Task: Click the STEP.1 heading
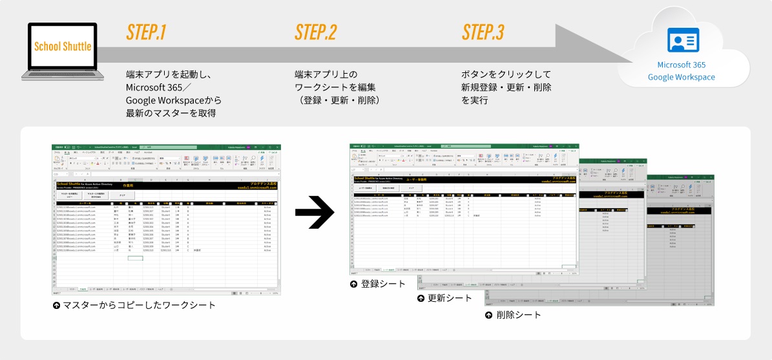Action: tap(147, 33)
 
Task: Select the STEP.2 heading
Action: tap(315, 33)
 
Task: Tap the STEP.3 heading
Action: tap(483, 33)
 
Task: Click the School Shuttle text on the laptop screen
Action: tap(63, 47)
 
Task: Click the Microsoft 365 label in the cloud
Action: tap(681, 65)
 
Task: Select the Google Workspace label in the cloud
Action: tap(681, 78)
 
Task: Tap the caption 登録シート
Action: tap(383, 284)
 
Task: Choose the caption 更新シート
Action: tap(450, 299)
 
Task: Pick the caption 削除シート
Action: tap(519, 315)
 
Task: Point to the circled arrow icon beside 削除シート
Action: tap(489, 315)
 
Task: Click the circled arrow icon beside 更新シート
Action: tap(421, 299)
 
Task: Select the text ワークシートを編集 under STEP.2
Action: tap(335, 87)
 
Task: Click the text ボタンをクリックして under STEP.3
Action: tap(505, 74)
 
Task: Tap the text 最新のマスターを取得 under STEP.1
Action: tap(171, 113)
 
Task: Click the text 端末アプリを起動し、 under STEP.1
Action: tap(169, 74)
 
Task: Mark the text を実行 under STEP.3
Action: tap(475, 100)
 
